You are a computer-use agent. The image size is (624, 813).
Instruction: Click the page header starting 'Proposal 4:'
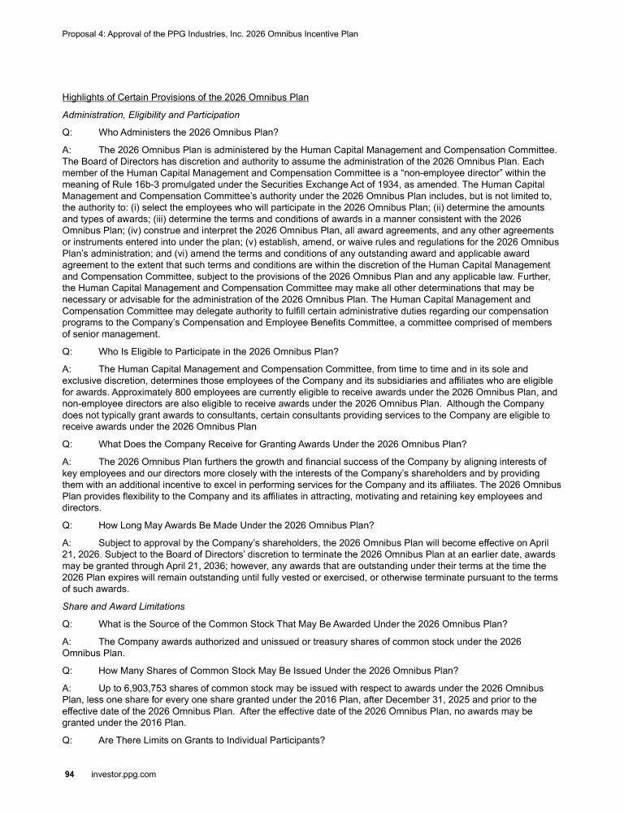click(210, 34)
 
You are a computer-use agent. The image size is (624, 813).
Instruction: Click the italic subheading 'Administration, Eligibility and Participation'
click(150, 115)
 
